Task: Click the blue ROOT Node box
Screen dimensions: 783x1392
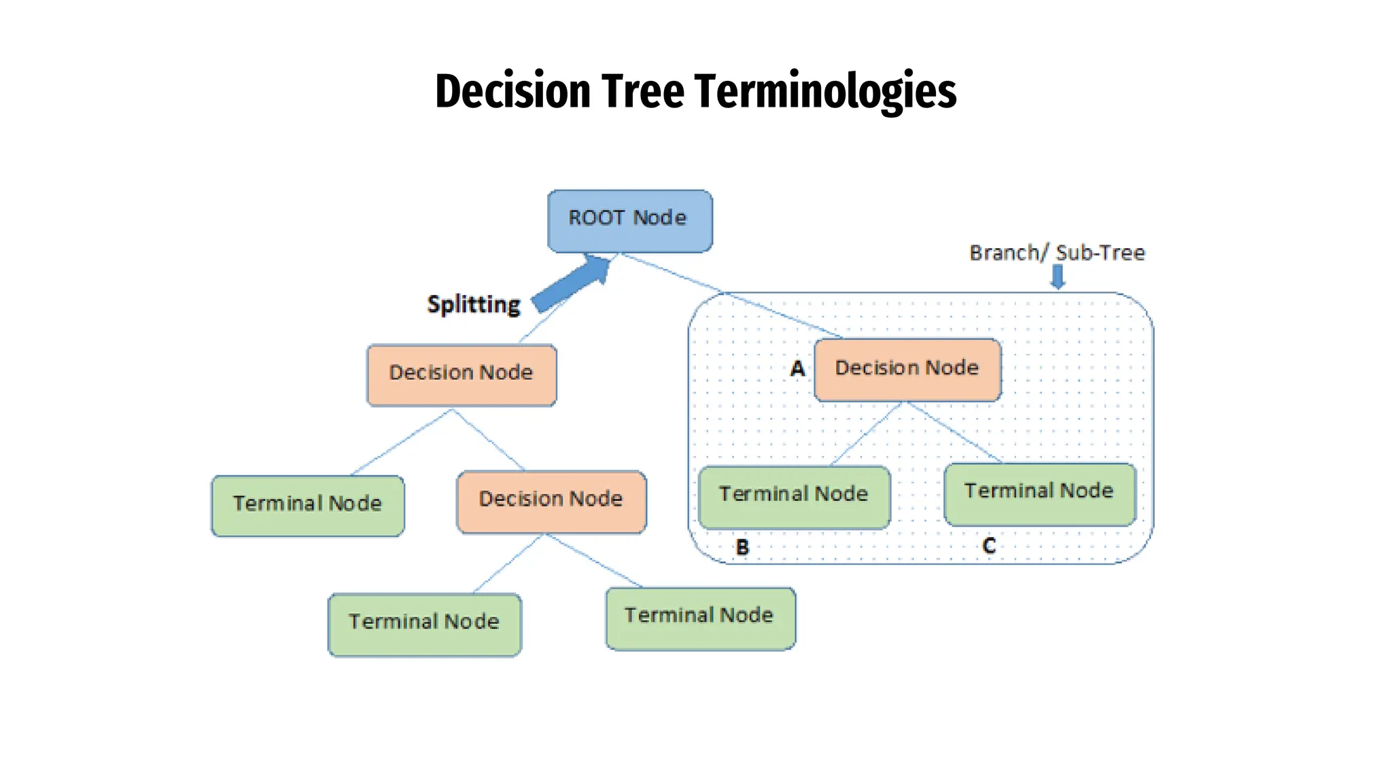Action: point(629,221)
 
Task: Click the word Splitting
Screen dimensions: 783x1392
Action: point(474,304)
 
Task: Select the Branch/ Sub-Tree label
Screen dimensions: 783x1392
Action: point(1057,253)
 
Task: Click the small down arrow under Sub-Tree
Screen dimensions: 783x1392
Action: point(1058,277)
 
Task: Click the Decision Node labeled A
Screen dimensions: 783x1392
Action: point(907,369)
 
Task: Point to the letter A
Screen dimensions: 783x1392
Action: point(797,369)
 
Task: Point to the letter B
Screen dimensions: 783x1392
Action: point(742,547)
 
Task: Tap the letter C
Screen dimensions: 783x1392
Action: point(989,545)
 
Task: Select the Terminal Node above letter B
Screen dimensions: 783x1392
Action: point(794,497)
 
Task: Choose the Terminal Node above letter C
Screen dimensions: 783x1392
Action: point(1039,494)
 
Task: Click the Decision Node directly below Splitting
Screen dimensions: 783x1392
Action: point(462,375)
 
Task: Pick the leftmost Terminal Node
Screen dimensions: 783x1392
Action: point(307,506)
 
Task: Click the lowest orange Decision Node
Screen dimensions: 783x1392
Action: point(551,502)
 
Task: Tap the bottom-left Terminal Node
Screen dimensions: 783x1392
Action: point(424,624)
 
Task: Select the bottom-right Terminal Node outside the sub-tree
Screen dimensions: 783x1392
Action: point(700,618)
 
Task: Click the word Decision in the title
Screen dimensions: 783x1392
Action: point(512,91)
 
